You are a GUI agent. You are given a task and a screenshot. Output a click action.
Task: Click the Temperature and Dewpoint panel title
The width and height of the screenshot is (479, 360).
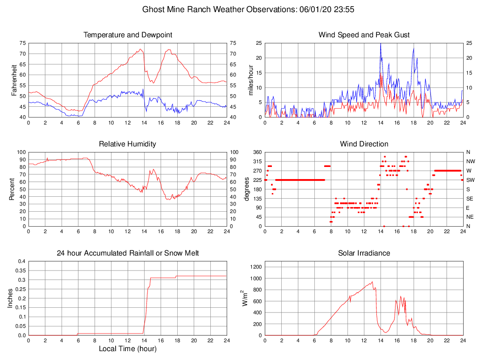click(x=127, y=35)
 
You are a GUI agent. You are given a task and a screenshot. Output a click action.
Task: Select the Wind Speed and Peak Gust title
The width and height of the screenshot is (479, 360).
click(x=364, y=35)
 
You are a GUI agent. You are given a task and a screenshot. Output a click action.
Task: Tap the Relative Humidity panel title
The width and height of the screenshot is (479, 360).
click(x=127, y=144)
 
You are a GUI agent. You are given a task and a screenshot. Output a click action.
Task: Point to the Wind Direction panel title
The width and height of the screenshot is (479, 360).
click(x=364, y=144)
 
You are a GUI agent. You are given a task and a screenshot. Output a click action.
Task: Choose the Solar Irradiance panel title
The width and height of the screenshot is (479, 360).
click(x=364, y=253)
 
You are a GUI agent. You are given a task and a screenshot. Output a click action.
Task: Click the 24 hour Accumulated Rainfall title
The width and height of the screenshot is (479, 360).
click(x=127, y=253)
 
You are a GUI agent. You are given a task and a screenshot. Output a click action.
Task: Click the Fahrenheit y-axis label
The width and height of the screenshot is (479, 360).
click(x=14, y=80)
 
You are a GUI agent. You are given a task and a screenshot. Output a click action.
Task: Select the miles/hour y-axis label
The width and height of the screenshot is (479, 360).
click(x=250, y=80)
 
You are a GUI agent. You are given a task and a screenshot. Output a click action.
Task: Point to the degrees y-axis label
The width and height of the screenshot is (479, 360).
click(x=247, y=189)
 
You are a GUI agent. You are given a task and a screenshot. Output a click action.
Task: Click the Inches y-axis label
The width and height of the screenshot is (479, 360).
click(x=10, y=298)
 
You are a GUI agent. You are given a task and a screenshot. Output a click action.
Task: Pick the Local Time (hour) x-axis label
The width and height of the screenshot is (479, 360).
click(x=127, y=348)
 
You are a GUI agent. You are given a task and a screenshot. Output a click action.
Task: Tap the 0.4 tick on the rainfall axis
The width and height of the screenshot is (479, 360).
click(x=21, y=261)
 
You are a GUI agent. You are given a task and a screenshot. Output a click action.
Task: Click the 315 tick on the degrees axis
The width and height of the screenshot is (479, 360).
click(x=257, y=161)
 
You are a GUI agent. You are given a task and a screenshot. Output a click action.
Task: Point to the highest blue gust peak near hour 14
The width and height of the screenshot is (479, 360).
click(x=381, y=44)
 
